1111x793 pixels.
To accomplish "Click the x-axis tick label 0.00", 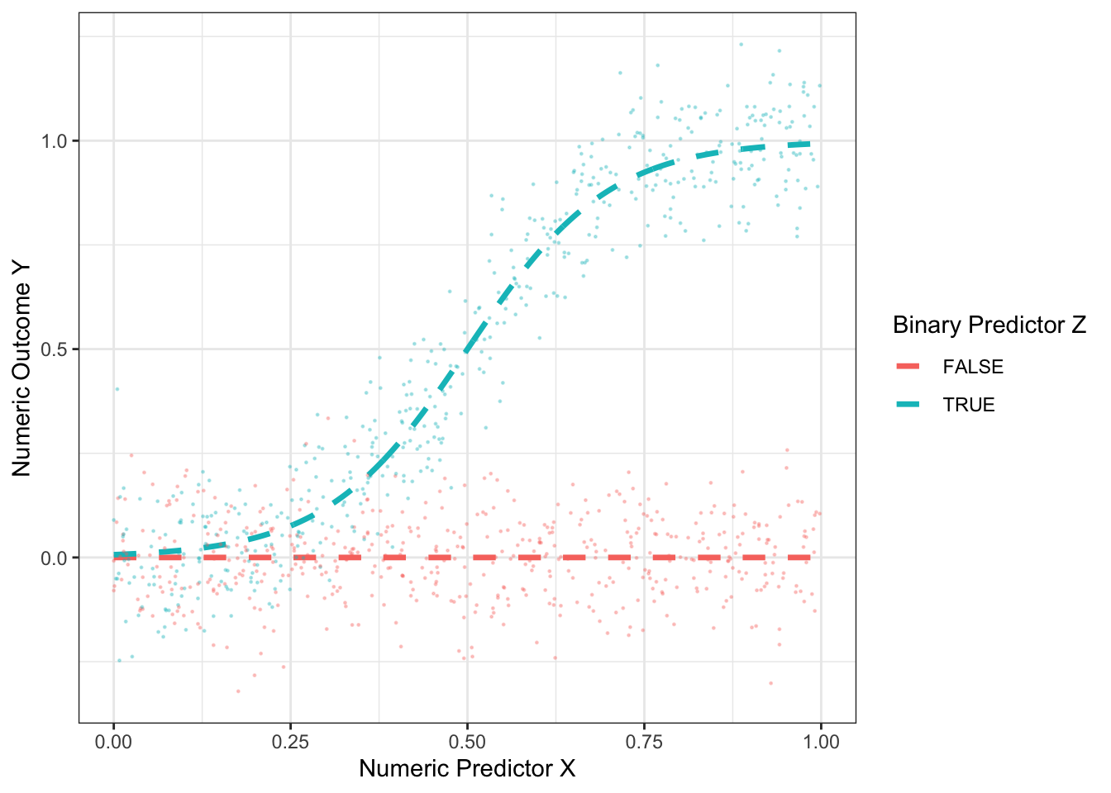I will pyautogui.click(x=113, y=741).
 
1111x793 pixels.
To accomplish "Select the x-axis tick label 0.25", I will pyautogui.click(x=290, y=741).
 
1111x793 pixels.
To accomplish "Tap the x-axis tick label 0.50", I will pyautogui.click(x=467, y=741).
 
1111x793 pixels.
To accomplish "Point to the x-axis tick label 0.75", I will pyautogui.click(x=644, y=741).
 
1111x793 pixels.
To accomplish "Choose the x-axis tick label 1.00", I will pyautogui.click(x=821, y=741).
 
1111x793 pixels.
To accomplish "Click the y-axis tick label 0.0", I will pyautogui.click(x=55, y=558).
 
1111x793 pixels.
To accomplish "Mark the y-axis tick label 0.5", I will pyautogui.click(x=55, y=349).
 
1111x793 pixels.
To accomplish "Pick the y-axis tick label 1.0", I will pyautogui.click(x=55, y=140).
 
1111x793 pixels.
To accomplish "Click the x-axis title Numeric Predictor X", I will pyautogui.click(x=467, y=769).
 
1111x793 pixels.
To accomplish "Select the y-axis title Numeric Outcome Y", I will pyautogui.click(x=21, y=368).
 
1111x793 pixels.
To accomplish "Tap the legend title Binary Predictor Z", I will pyautogui.click(x=989, y=325).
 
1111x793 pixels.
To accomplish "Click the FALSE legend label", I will pyautogui.click(x=973, y=367).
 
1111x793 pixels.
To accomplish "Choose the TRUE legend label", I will pyautogui.click(x=969, y=405).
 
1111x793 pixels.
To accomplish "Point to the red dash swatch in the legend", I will pyautogui.click(x=908, y=367).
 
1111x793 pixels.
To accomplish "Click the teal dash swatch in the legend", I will pyautogui.click(x=908, y=405).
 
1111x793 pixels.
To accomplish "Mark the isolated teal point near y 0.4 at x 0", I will pyautogui.click(x=117, y=389).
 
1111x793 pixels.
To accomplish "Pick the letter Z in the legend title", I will pyautogui.click(x=1079, y=325).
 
